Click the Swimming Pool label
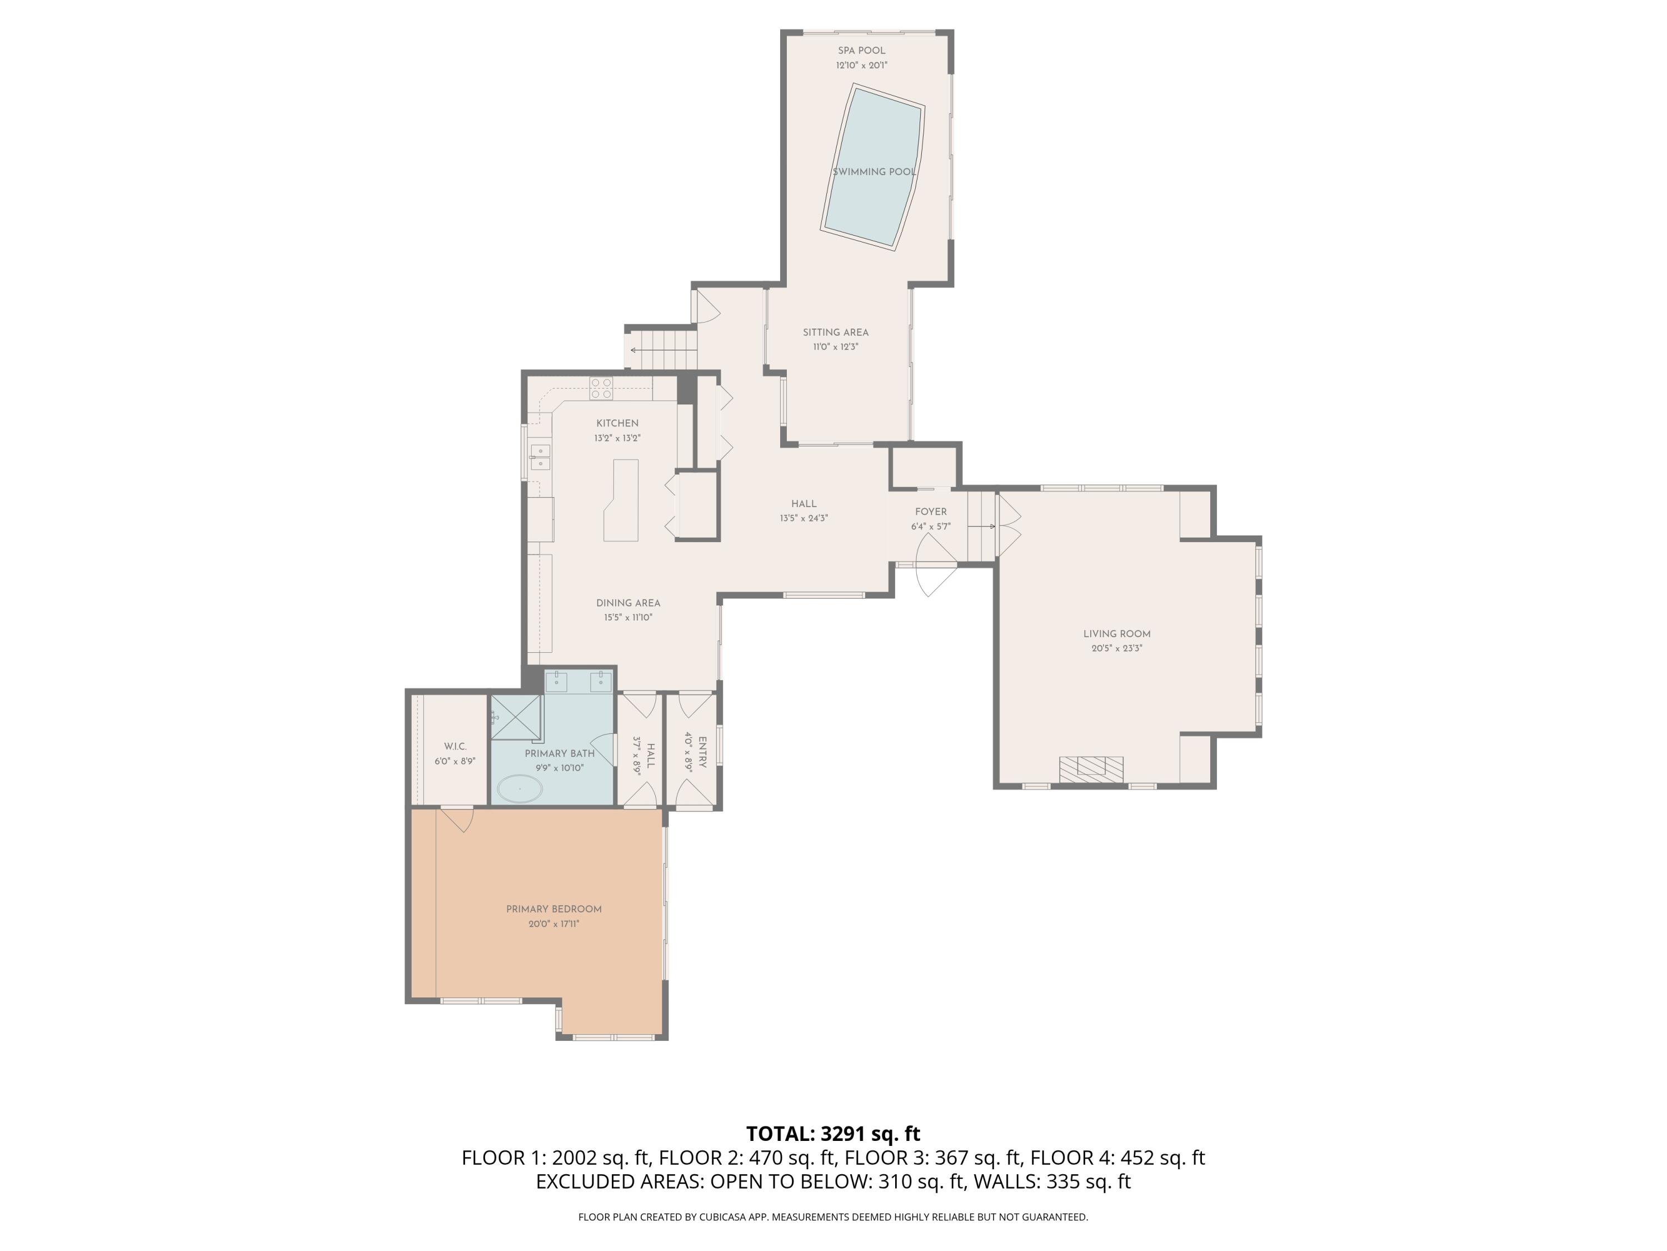[x=874, y=172]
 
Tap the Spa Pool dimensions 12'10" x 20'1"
[x=861, y=66]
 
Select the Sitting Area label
[x=835, y=332]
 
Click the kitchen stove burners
[x=601, y=388]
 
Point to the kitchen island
[x=622, y=502]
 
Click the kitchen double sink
[x=540, y=457]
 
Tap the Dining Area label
[x=628, y=603]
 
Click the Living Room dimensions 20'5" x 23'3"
[x=1117, y=648]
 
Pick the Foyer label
[x=931, y=512]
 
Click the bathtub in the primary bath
[x=518, y=789]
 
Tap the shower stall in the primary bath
[x=516, y=718]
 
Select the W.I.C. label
[x=455, y=747]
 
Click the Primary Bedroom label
[x=554, y=910]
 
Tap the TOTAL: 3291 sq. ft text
[x=833, y=1133]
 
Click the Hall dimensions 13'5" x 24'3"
[x=803, y=519]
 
